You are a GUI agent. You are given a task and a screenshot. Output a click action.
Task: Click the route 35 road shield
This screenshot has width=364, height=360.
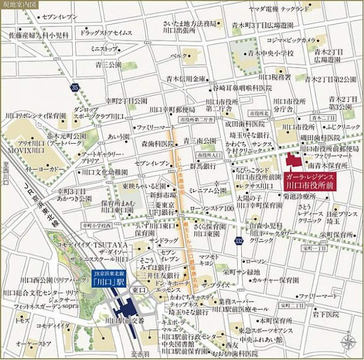74,88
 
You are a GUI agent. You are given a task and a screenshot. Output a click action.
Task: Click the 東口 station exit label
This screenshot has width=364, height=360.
138,290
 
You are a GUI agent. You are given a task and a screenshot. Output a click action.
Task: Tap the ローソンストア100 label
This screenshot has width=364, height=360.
212,208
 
